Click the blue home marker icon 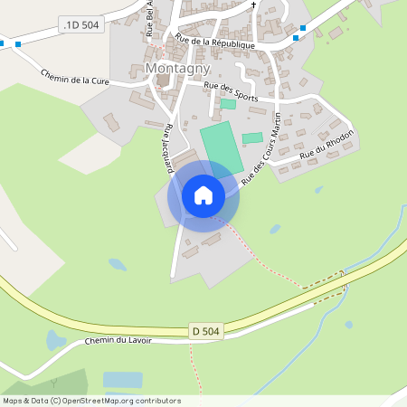pyautogui.click(x=203, y=195)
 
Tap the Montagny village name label pyautogui.click(x=177, y=69)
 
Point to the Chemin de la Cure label pyautogui.click(x=75, y=80)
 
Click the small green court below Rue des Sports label pyautogui.click(x=228, y=104)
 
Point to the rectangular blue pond pyautogui.click(x=122, y=380)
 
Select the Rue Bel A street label pyautogui.click(x=149, y=18)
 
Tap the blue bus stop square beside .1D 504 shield pyautogui.click(x=18, y=43)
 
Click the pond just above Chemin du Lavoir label pyautogui.click(x=55, y=340)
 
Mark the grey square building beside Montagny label pyautogui.click(x=163, y=80)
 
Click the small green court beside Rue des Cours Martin pyautogui.click(x=252, y=137)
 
